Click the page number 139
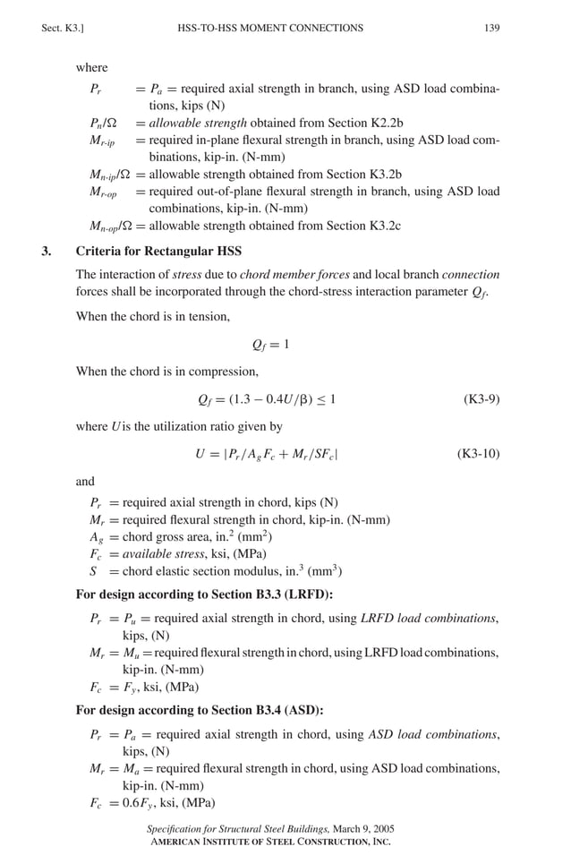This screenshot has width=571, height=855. pos(491,28)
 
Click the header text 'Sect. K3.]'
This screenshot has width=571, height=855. pos(62,28)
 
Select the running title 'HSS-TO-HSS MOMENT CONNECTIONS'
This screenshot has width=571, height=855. pos(270,28)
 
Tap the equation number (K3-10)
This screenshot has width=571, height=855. pos(478,454)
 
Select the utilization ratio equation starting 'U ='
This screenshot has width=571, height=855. pos(266,454)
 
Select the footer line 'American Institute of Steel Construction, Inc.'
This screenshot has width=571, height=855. pos(268,842)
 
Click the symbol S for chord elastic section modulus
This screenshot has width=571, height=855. pos(93,571)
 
